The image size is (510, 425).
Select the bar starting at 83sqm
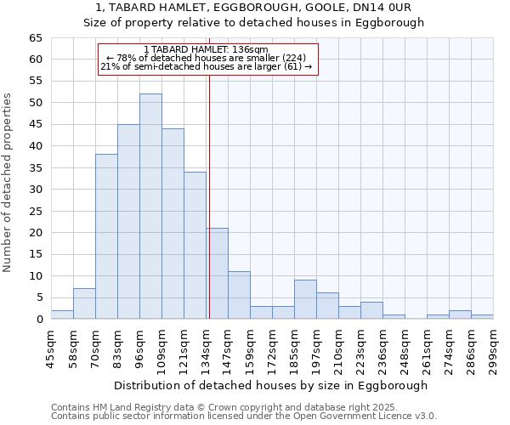[x=128, y=222]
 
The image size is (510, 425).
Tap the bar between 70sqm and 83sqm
[x=106, y=236]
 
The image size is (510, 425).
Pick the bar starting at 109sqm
[x=173, y=224]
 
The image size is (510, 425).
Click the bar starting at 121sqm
[x=195, y=246]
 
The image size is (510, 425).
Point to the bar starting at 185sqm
[x=305, y=299]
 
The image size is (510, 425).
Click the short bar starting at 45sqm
[x=62, y=314]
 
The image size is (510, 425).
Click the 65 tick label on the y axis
[x=35, y=38]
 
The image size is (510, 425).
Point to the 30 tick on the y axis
[x=35, y=190]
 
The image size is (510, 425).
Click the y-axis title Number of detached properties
[x=8, y=183]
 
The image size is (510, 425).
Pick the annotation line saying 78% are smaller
[x=207, y=58]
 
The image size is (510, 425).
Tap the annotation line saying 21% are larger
[x=207, y=66]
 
